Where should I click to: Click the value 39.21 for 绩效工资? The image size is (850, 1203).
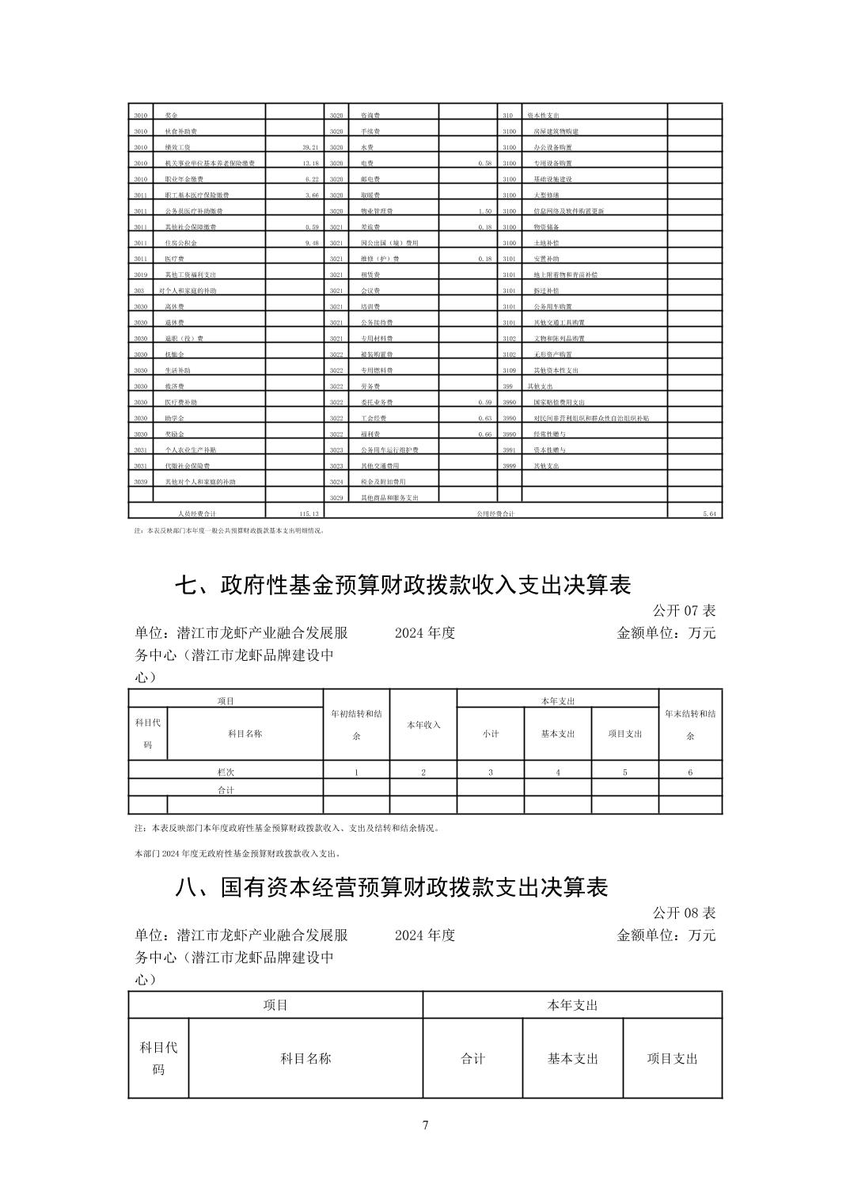point(309,147)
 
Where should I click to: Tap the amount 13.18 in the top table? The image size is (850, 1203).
point(309,163)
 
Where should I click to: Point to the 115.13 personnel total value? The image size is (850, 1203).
point(307,514)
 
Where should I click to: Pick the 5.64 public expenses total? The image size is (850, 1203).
point(709,514)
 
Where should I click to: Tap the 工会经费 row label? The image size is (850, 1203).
point(374,418)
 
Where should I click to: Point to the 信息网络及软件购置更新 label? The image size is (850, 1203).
point(568,211)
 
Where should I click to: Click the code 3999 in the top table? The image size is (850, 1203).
point(509,466)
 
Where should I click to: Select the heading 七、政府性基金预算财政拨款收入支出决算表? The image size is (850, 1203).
point(403,586)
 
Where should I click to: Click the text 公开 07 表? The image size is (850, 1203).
point(684,611)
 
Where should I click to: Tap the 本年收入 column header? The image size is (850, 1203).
point(423,725)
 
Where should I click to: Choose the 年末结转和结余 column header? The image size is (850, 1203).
point(690,724)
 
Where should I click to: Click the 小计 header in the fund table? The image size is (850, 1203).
point(491,734)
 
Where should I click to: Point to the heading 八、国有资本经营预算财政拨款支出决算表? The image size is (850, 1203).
point(392,887)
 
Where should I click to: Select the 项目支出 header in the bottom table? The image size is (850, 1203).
point(673,1058)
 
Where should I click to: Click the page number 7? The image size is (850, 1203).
point(425,1125)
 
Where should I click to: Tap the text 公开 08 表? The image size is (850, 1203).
point(684,913)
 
